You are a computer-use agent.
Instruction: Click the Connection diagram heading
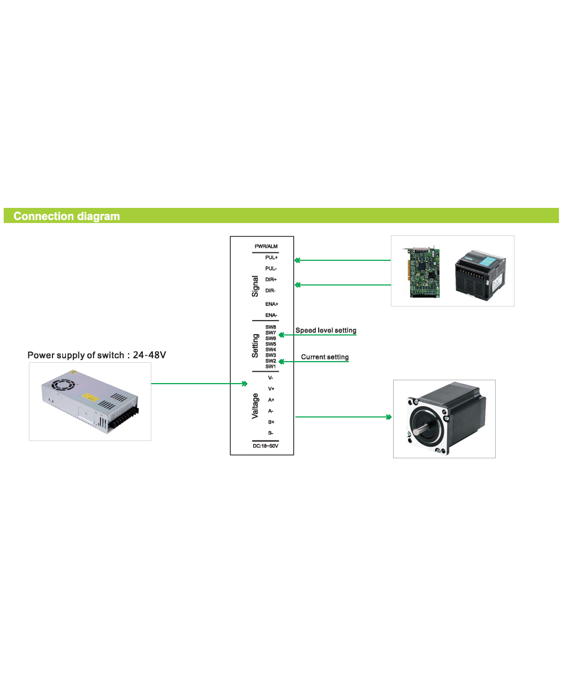(x=67, y=216)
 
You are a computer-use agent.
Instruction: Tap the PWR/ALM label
(x=266, y=247)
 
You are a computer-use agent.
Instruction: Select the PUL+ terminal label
(x=271, y=257)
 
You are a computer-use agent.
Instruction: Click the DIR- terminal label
(x=270, y=291)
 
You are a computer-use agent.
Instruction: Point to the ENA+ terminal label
(x=271, y=304)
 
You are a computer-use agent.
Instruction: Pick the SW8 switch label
(x=271, y=327)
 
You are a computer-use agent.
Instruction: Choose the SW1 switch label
(x=271, y=367)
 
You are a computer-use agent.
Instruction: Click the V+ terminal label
(x=271, y=389)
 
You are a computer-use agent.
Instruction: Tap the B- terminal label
(x=271, y=433)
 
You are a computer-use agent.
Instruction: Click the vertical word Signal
(x=255, y=286)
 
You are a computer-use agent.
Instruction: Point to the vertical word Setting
(x=255, y=346)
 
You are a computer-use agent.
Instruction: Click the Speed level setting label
(x=326, y=331)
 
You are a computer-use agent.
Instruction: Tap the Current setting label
(x=325, y=357)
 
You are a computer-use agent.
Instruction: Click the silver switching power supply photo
(x=90, y=402)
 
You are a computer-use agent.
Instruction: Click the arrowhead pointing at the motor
(x=389, y=417)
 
